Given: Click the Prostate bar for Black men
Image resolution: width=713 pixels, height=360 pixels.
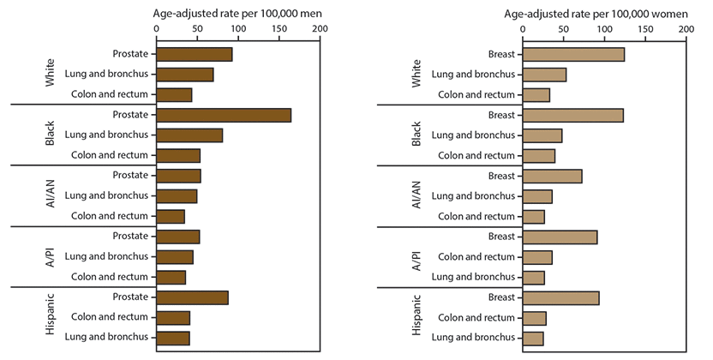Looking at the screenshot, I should [x=224, y=116].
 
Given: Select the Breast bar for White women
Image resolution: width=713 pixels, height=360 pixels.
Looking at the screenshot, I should [x=573, y=55].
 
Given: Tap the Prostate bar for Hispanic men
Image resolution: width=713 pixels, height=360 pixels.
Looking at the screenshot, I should [x=192, y=297].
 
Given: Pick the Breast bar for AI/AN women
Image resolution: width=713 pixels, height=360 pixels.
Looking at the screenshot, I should [x=552, y=177].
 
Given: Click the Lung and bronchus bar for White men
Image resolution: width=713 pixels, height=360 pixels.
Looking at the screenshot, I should [x=184, y=75].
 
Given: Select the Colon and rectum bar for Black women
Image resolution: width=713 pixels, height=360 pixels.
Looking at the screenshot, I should [x=538, y=155].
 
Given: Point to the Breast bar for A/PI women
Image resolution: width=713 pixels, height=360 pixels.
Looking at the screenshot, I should [x=560, y=237].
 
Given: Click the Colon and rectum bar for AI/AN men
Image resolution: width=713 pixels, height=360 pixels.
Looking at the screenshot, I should [x=170, y=216].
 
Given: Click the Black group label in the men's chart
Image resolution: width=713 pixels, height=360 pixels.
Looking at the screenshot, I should [x=51, y=135].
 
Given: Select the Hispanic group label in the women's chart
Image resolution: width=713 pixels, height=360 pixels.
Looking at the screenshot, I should [x=417, y=317].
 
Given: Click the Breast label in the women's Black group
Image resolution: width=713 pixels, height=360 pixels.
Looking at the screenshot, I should [x=501, y=116].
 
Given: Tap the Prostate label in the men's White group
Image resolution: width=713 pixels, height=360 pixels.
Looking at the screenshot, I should [x=130, y=55].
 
